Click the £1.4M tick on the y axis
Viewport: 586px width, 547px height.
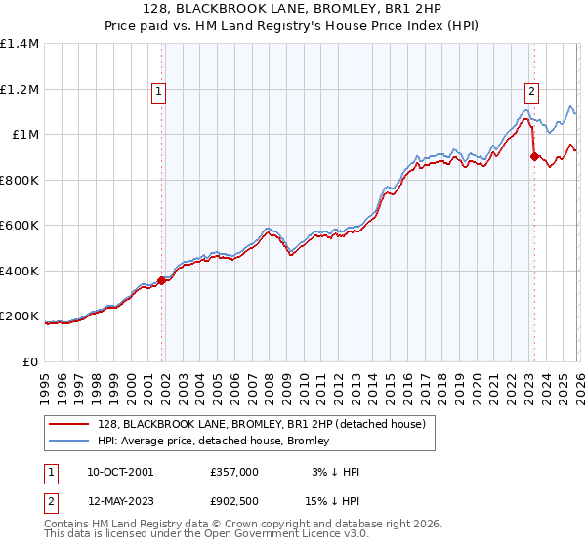(20, 44)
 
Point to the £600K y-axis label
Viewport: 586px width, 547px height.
(20, 225)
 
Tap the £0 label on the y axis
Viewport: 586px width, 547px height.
(30, 361)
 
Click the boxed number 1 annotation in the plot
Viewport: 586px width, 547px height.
(158, 93)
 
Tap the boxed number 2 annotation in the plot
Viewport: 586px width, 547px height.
(532, 93)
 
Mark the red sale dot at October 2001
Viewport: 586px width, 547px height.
(161, 280)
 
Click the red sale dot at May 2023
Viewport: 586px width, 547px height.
(534, 156)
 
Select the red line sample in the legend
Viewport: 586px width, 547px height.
(69, 425)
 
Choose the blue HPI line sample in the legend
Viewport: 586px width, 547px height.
(69, 442)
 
